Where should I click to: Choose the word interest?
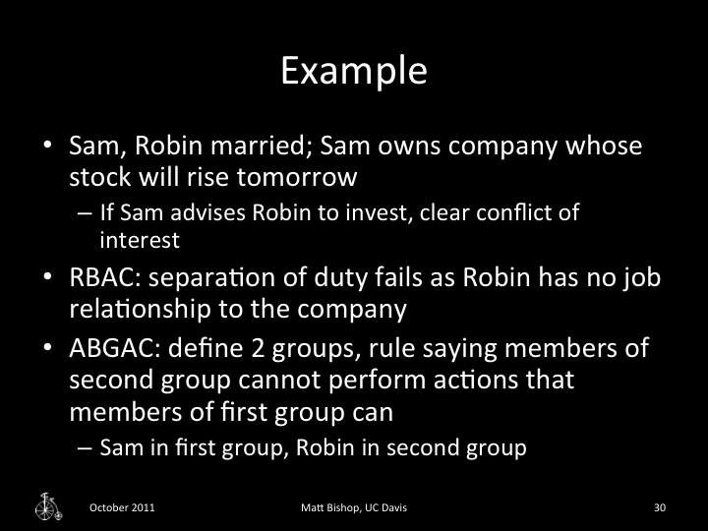point(131,238)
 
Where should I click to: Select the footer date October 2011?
point(121,507)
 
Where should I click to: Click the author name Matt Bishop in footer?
point(331,507)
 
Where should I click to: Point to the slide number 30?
point(660,507)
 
